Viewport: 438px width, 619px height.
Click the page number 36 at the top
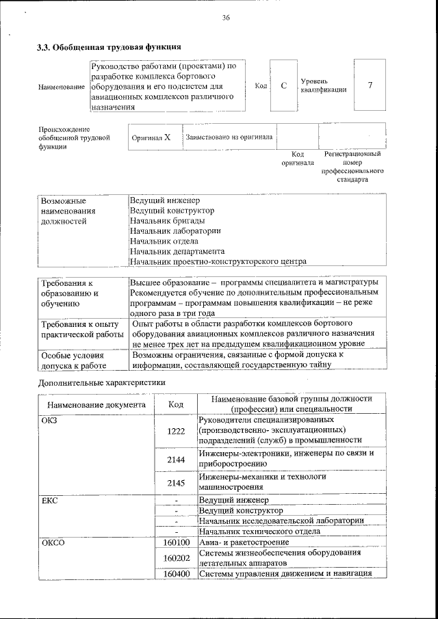tap(226, 18)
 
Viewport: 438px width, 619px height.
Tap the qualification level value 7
tap(370, 85)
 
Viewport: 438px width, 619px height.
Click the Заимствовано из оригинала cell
tap(229, 137)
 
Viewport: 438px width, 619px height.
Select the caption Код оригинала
tap(298, 159)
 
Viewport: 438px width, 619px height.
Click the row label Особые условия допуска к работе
tap(72, 360)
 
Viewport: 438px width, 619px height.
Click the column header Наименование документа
tap(96, 405)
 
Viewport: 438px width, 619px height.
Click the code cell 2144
tap(176, 460)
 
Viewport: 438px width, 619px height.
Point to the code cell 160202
tap(177, 559)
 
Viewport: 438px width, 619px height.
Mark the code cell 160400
tap(177, 574)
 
